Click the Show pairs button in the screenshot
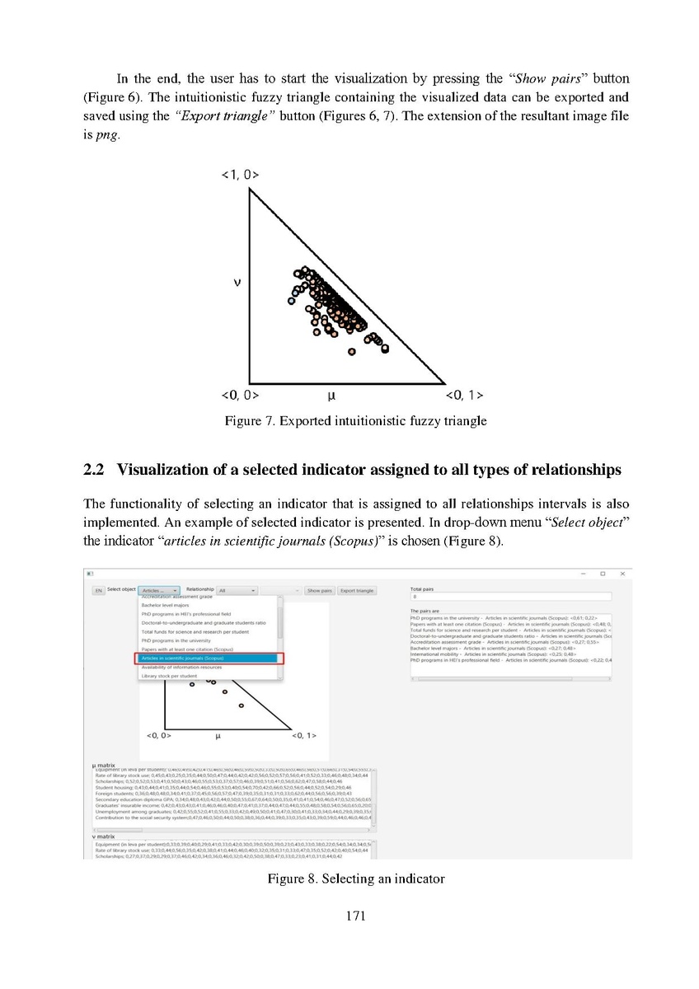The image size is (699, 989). click(319, 591)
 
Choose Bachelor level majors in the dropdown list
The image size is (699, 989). click(165, 605)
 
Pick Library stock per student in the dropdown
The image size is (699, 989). click(169, 676)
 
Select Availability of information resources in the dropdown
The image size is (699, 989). click(181, 667)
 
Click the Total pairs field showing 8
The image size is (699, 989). click(509, 597)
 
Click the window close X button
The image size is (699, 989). click(622, 574)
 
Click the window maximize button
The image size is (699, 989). click(603, 574)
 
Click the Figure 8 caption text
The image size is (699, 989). click(355, 879)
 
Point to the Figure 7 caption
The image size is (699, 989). click(355, 421)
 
